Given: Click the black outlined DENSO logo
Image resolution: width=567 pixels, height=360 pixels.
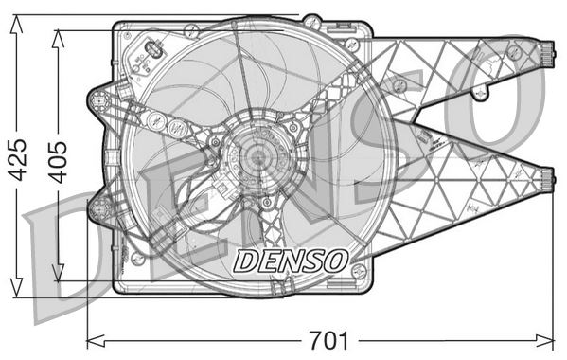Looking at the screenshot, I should point(291,259).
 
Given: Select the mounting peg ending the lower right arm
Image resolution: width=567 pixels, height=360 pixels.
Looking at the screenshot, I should point(547,176).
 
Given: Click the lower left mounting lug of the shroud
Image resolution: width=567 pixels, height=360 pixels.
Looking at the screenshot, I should point(98,206).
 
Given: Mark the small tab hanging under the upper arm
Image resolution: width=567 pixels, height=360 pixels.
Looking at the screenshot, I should point(481,92).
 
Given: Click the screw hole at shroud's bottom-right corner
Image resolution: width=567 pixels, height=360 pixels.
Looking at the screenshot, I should point(359,273).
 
